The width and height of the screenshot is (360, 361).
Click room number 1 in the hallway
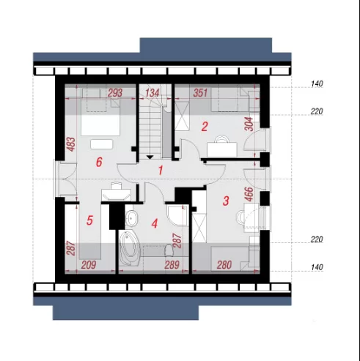[161, 171]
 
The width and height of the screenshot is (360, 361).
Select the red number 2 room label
[205, 127]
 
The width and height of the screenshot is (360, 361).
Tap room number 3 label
[226, 201]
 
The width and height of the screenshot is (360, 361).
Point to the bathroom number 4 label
[155, 223]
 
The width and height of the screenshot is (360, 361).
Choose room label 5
[89, 220]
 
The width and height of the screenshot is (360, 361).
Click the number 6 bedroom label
[99, 162]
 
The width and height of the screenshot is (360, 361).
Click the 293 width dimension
[115, 93]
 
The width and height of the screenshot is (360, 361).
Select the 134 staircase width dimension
[153, 93]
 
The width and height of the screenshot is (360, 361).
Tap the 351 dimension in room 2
[200, 93]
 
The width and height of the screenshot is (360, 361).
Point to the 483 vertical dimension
[71, 144]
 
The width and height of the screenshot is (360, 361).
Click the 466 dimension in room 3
[249, 194]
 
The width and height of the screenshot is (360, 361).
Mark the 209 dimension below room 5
[89, 265]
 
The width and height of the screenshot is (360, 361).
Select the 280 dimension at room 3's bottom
[224, 265]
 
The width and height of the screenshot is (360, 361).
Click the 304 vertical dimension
[249, 124]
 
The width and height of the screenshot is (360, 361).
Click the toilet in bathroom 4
[169, 250]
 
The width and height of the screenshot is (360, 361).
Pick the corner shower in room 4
[178, 215]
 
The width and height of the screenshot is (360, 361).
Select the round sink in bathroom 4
[132, 217]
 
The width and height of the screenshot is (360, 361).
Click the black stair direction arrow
[150, 157]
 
